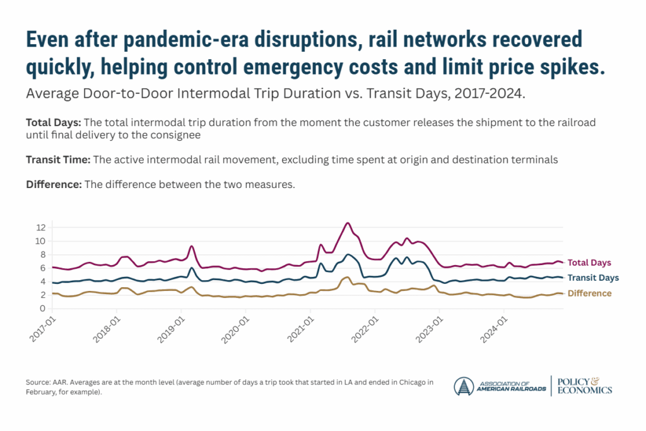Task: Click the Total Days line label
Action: (589, 263)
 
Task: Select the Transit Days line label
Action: (593, 278)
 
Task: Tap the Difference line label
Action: (590, 293)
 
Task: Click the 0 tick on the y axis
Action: (42, 309)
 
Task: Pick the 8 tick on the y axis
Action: (42, 254)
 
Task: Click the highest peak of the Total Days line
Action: (347, 223)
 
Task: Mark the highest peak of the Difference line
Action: (347, 277)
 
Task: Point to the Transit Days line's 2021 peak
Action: (348, 254)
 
